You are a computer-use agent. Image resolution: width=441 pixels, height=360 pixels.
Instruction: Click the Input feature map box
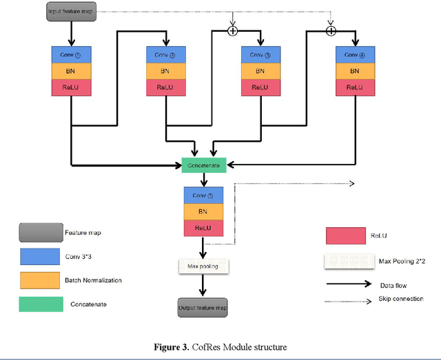tap(70, 11)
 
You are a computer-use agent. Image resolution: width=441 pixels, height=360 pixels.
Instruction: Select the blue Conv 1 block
tap(71, 54)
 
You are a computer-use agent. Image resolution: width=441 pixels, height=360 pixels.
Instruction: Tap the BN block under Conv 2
tap(165, 71)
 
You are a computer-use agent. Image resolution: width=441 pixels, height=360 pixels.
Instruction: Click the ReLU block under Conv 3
tap(260, 87)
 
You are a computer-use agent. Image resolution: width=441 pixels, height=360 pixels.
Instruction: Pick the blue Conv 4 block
tap(355, 54)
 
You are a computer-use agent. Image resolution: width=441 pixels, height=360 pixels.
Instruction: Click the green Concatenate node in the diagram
tap(204, 165)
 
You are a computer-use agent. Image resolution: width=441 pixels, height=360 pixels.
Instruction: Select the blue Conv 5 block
tap(203, 195)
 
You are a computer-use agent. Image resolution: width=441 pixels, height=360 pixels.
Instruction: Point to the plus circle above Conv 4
tap(331, 30)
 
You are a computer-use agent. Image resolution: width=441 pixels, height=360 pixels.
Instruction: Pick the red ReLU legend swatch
tap(345, 235)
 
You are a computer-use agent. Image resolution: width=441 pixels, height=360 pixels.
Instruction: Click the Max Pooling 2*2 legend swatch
tap(345, 261)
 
